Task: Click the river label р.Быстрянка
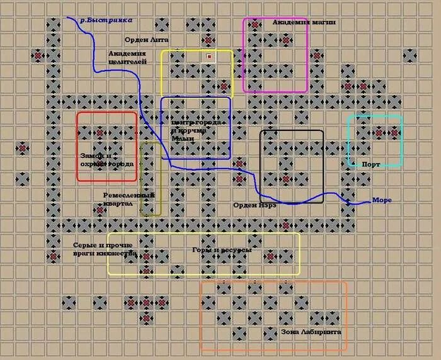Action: (x=106, y=20)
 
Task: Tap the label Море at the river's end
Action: (x=382, y=200)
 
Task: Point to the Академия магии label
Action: (x=304, y=22)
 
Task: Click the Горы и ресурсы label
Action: (x=222, y=250)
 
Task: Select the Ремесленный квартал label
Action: (x=121, y=199)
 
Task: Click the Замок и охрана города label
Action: (x=106, y=160)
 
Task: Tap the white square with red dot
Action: (x=209, y=57)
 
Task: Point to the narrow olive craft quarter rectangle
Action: (x=142, y=179)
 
